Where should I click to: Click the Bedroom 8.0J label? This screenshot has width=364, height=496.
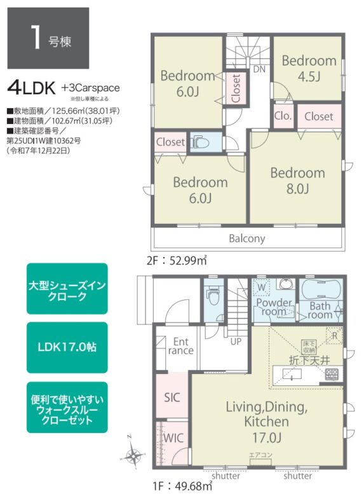[x=297, y=181]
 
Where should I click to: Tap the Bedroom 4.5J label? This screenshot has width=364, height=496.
[x=309, y=69]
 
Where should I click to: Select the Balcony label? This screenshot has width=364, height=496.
[x=247, y=239]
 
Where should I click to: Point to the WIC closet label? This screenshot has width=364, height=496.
[x=173, y=439]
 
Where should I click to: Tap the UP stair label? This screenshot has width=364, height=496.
[x=236, y=341]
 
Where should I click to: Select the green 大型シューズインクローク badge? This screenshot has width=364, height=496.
[x=67, y=289]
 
